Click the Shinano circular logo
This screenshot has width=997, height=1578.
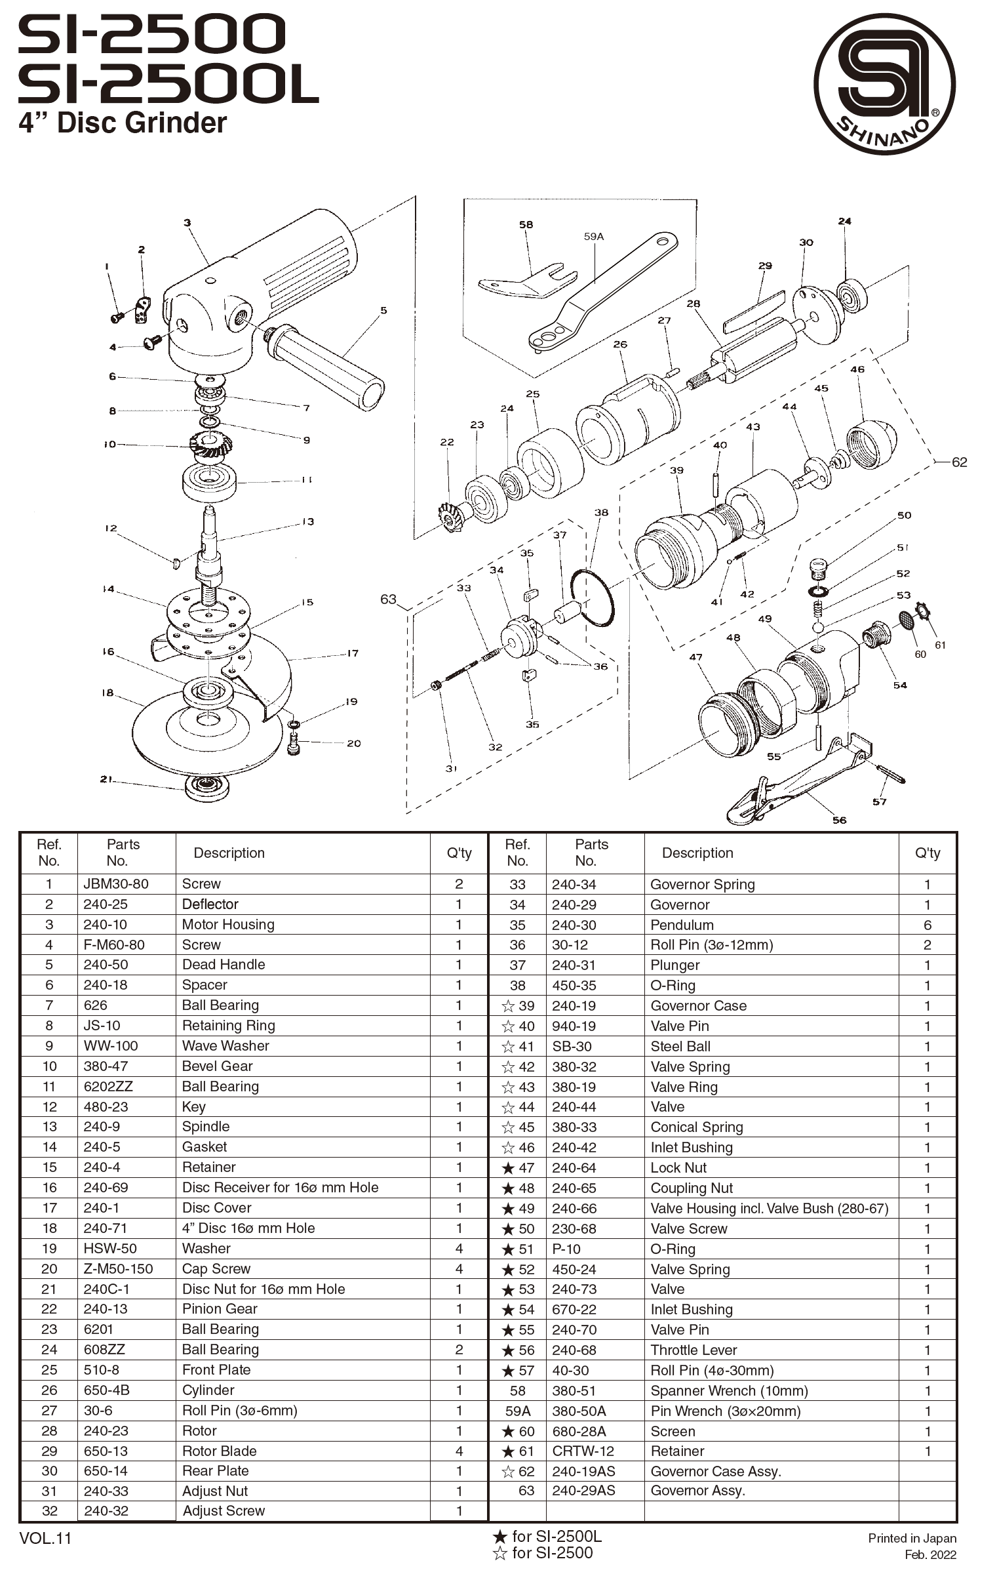pos(884,84)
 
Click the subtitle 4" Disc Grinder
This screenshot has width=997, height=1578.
pos(123,123)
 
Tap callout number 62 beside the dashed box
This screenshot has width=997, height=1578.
pos(959,462)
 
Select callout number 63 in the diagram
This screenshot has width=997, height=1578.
pos(388,599)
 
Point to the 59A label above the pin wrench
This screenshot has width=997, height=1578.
pos(593,236)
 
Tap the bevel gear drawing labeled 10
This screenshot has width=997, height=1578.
pos(208,447)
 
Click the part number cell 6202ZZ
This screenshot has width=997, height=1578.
pos(108,1086)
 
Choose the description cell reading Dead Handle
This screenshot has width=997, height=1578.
pos(224,964)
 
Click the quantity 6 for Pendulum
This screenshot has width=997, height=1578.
pos(927,925)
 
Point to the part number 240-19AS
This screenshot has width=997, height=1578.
pos(583,1471)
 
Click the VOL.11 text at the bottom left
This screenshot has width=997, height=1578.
pos(45,1538)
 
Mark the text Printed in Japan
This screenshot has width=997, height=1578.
pos(912,1538)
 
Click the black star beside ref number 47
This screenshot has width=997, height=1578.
pos(507,1168)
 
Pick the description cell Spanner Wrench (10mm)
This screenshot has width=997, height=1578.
pos(729,1390)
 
